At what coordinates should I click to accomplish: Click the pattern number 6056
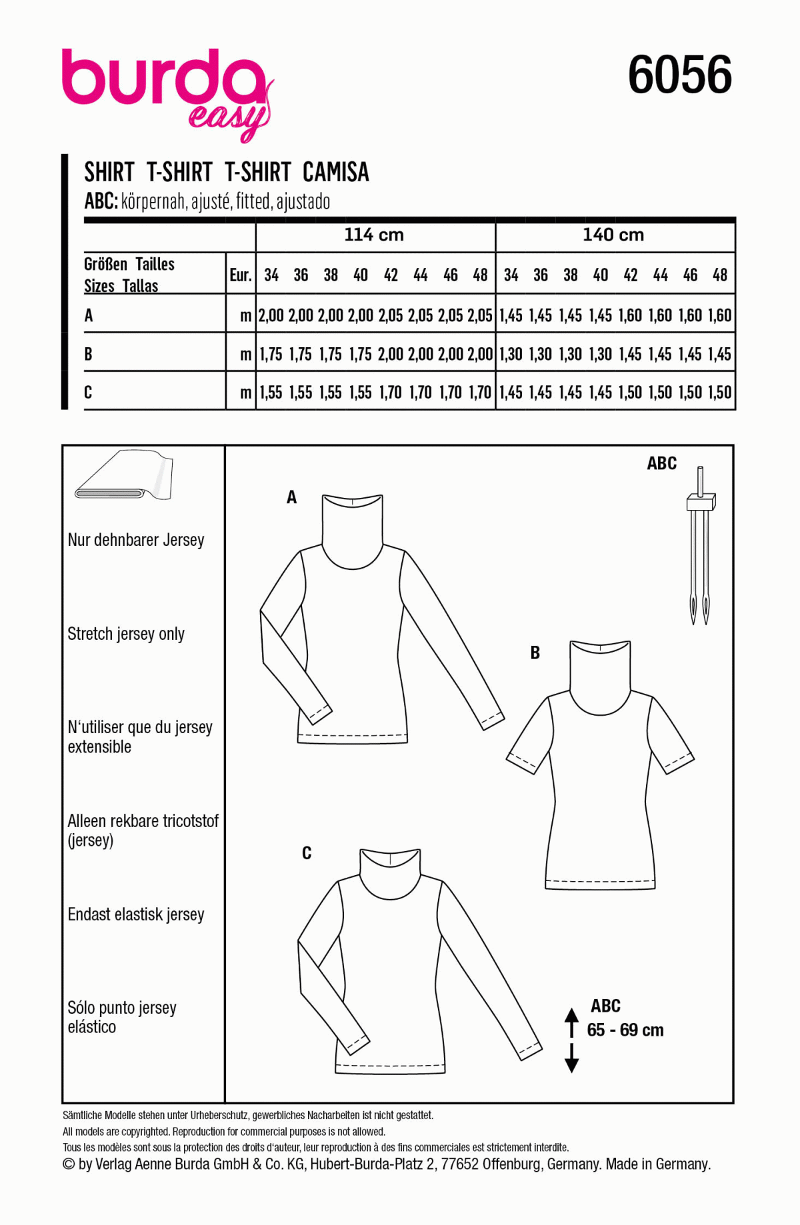679,75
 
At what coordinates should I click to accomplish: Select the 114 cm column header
374,235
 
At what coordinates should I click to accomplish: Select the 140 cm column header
613,235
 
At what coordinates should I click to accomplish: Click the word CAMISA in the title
335,173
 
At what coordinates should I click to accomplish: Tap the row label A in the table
89,316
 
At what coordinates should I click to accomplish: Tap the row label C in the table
88,393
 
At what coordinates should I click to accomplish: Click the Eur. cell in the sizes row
241,275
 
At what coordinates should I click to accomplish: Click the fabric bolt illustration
125,477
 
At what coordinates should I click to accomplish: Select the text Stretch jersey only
126,634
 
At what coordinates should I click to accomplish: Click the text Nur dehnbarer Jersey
136,540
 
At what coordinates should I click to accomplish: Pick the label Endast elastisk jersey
136,914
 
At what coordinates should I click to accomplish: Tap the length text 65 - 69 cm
625,1030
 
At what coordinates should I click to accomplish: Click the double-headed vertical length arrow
571,1040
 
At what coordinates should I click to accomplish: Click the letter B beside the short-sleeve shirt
535,653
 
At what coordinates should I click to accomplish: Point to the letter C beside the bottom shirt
307,853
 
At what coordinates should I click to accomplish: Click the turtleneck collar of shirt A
352,527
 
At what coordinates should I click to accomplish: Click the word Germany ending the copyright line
683,1164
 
